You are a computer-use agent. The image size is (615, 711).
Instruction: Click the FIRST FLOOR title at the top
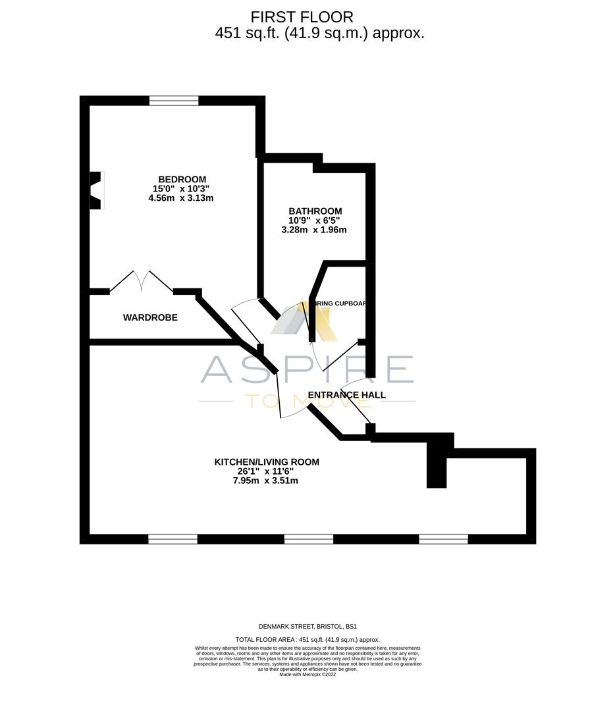tap(302, 17)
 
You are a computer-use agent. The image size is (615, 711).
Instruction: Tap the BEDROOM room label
tap(182, 179)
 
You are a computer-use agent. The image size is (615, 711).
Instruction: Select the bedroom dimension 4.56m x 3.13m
tap(181, 197)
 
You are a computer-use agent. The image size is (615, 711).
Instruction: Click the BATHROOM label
tap(315, 211)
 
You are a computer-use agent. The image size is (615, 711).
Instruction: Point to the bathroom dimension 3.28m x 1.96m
tap(314, 230)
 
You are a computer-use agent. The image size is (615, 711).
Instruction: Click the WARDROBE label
tap(150, 317)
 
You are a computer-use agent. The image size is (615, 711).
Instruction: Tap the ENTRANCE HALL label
tap(347, 395)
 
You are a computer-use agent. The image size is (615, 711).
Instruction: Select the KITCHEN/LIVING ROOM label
tap(267, 462)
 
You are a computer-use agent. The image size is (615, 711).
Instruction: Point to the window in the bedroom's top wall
tap(174, 101)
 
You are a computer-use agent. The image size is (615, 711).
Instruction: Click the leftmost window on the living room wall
tap(173, 539)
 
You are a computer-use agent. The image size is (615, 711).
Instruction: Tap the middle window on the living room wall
tap(308, 539)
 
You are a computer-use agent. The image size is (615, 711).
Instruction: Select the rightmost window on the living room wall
tap(443, 539)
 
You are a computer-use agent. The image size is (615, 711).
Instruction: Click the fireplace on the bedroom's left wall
tap(96, 190)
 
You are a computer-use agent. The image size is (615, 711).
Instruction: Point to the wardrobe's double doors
tap(142, 281)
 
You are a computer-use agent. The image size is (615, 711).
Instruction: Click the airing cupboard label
tap(338, 303)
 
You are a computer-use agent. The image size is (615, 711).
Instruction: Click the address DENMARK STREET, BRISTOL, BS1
tap(307, 627)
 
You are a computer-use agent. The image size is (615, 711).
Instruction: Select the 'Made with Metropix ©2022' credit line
tap(307, 674)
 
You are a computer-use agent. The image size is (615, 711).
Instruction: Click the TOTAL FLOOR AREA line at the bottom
tap(307, 640)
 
